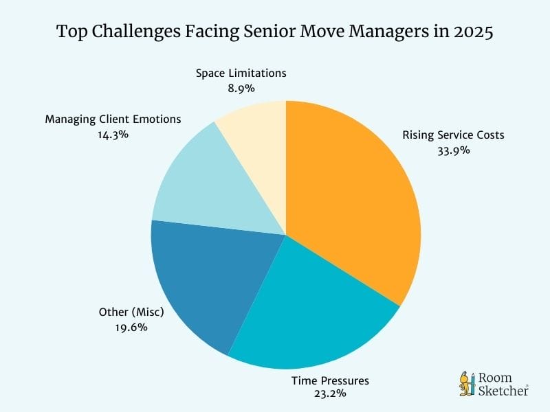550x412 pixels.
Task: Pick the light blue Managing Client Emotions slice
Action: [206, 185]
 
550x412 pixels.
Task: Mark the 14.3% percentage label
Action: [113, 134]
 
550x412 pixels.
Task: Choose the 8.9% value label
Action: [241, 88]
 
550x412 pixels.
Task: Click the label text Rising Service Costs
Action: [453, 135]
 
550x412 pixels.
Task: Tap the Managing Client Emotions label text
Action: [113, 119]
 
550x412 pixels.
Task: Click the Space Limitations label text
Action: [241, 73]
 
